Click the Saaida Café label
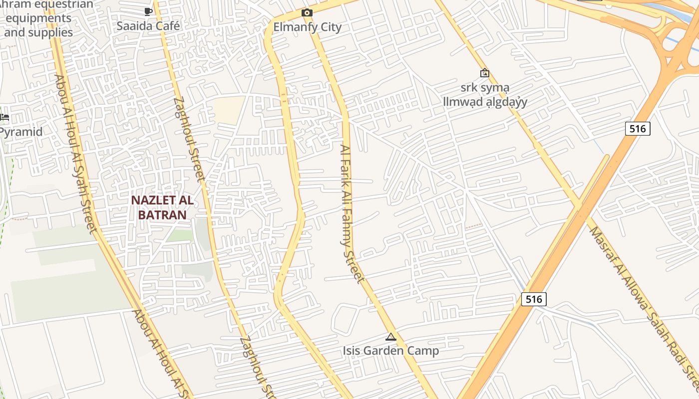click(148, 26)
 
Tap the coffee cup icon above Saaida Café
click(148, 11)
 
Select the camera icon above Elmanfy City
click(307, 12)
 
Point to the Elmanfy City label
click(308, 27)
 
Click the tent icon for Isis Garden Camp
click(391, 337)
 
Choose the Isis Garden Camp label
click(391, 351)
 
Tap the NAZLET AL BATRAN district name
click(162, 207)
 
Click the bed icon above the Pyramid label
click(4, 117)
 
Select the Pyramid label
click(21, 132)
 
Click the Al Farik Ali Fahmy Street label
click(352, 213)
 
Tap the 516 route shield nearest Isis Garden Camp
click(534, 299)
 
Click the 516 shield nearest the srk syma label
click(638, 129)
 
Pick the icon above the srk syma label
click(484, 73)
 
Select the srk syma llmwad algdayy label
click(485, 95)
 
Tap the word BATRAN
click(162, 215)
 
